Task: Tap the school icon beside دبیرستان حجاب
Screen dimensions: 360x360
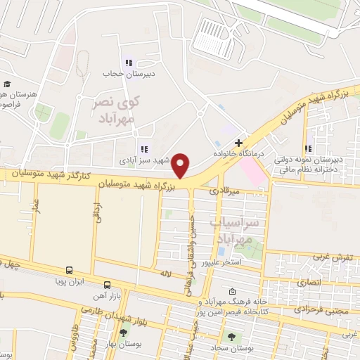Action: click(x=128, y=63)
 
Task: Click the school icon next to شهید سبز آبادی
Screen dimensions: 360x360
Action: click(x=144, y=148)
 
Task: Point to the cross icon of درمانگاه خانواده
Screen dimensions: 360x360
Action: click(x=239, y=143)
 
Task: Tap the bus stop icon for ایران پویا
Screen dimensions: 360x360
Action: click(x=70, y=269)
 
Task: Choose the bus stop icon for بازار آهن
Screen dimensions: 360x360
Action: click(x=107, y=285)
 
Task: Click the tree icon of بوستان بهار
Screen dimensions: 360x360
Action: click(x=124, y=333)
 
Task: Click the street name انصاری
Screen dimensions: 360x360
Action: click(x=309, y=282)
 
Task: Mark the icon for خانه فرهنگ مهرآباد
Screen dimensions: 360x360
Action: click(x=233, y=291)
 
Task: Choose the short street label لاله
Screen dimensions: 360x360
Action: click(x=166, y=273)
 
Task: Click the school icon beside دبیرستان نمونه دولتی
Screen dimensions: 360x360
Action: click(x=308, y=148)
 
